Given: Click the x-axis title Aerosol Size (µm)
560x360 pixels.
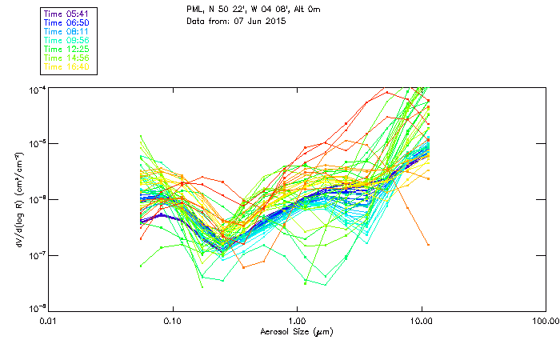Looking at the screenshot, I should click(297, 331).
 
